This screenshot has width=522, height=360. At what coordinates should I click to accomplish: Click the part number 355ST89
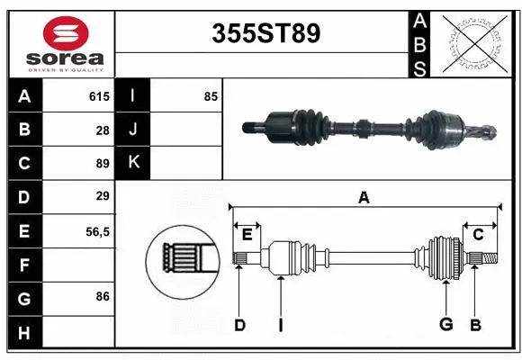[265, 34]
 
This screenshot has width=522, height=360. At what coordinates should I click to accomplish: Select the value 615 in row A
[98, 96]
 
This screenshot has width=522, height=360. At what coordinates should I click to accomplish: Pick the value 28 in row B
[102, 130]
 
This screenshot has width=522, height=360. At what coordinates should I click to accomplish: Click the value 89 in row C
[102, 164]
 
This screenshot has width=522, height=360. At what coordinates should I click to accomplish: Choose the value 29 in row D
[102, 196]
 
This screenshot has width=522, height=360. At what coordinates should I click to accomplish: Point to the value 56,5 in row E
[97, 231]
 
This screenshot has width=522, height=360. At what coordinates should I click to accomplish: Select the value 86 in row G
[102, 295]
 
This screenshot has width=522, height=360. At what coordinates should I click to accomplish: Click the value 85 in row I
[211, 96]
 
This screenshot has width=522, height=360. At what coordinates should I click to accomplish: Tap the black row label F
[24, 265]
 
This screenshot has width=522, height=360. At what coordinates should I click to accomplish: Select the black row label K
[133, 163]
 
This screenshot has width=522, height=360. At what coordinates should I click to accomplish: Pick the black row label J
[133, 130]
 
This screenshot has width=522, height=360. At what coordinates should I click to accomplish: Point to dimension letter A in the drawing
[364, 197]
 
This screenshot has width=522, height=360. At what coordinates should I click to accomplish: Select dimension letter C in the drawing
[478, 234]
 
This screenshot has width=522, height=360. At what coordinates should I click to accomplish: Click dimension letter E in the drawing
[247, 234]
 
